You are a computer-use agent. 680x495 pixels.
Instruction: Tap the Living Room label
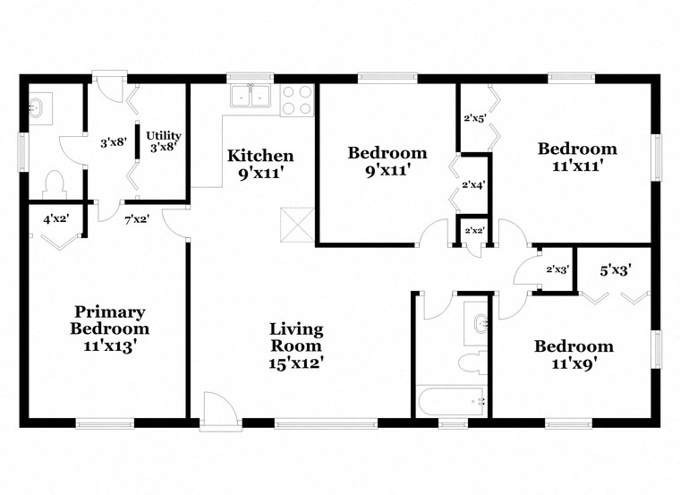tap(296, 346)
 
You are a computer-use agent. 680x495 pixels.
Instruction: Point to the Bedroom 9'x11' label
tap(387, 160)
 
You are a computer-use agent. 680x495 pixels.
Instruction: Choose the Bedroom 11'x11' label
tap(576, 157)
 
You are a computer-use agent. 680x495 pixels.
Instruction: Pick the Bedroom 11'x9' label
tap(574, 354)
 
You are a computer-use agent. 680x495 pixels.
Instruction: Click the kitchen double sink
tap(251, 97)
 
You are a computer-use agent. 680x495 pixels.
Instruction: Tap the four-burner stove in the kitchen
tap(297, 99)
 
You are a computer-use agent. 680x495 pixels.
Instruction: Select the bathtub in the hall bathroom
tap(452, 400)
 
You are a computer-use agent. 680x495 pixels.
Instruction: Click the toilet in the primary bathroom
tap(55, 184)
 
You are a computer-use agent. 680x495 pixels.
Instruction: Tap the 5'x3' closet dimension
tap(615, 268)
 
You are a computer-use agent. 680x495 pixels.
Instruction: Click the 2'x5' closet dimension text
tap(473, 117)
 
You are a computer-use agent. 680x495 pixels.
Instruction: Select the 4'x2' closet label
tap(55, 218)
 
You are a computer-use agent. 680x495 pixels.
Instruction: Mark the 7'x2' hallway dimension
tap(136, 218)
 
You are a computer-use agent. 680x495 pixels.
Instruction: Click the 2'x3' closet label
tap(557, 269)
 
